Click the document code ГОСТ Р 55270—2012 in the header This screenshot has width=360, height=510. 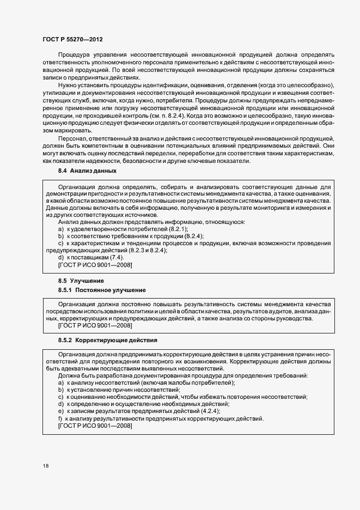tap(72, 40)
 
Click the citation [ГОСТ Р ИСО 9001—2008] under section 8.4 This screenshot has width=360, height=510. tap(94, 264)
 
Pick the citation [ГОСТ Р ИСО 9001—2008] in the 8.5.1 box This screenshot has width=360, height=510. tap(94, 325)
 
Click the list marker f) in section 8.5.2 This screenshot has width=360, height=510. tap(60, 418)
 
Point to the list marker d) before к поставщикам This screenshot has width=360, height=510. tap(60, 257)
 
